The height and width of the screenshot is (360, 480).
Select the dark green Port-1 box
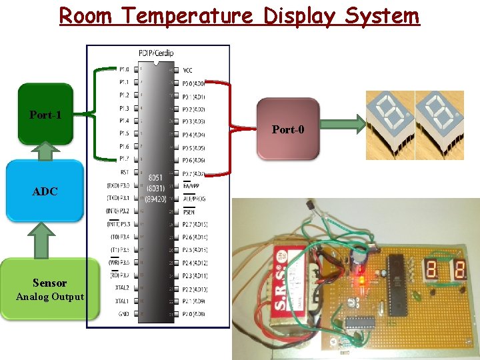pyautogui.click(x=45, y=114)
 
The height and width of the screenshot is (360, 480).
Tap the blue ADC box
pyautogui.click(x=45, y=191)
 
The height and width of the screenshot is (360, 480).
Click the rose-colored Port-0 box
pyautogui.click(x=288, y=129)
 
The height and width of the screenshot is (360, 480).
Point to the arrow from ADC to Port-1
pyautogui.click(x=45, y=150)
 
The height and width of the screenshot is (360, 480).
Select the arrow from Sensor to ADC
pyautogui.click(x=45, y=240)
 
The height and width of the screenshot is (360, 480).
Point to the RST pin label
pyautogui.click(x=124, y=172)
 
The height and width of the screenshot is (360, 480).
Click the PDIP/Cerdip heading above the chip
pyautogui.click(x=156, y=53)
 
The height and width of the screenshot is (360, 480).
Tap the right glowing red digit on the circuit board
pyautogui.click(x=459, y=270)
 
